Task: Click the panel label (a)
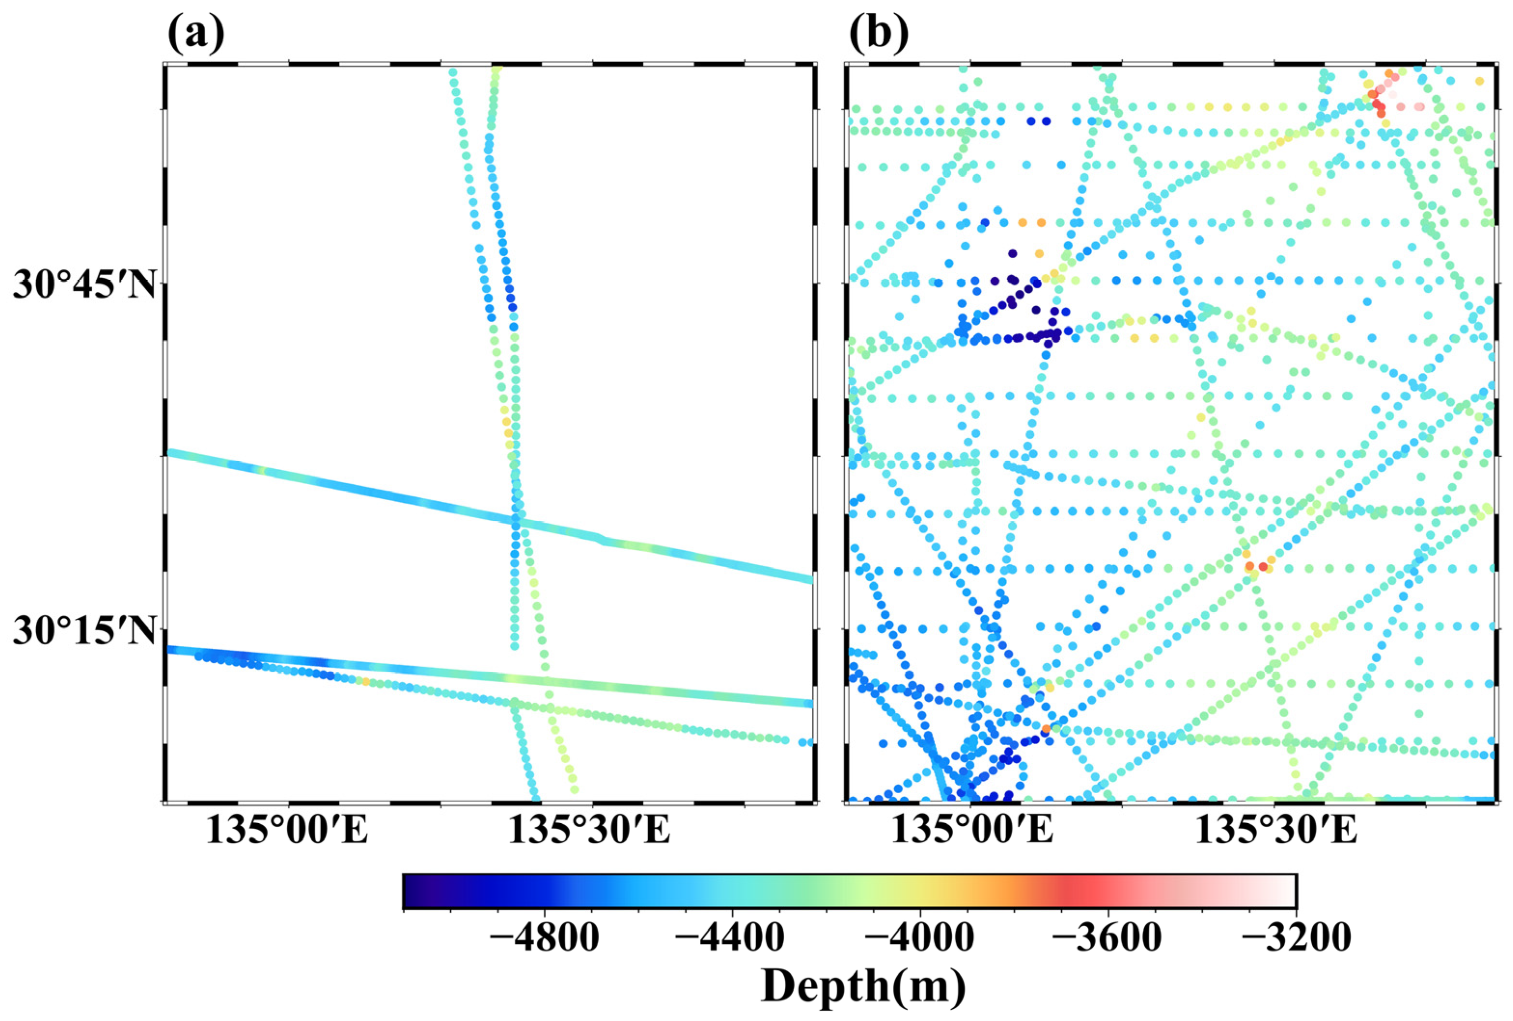pos(195,34)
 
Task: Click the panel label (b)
pos(879,34)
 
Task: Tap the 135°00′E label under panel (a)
pos(287,830)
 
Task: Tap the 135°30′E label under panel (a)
pos(589,830)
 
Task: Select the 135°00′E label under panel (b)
pos(972,830)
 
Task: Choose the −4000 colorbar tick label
pos(918,939)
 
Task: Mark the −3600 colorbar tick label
pos(1106,939)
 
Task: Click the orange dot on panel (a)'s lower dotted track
pos(365,681)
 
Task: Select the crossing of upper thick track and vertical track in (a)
pos(515,521)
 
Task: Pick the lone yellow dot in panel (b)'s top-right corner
pos(1479,82)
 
